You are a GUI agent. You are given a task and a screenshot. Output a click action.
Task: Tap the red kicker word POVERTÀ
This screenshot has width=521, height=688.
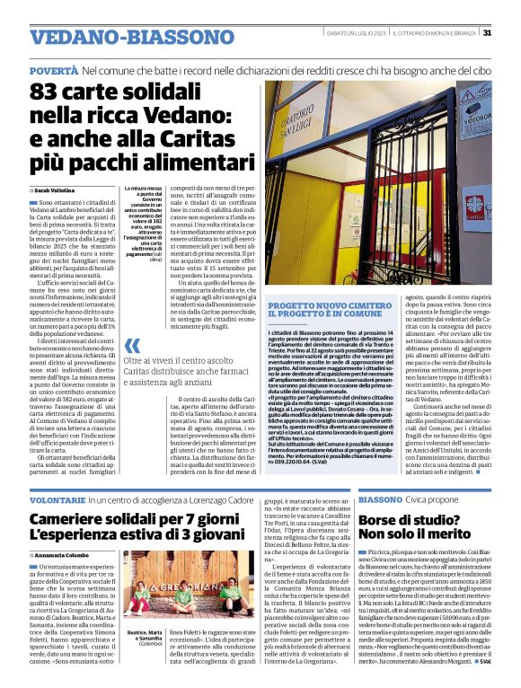click(x=53, y=69)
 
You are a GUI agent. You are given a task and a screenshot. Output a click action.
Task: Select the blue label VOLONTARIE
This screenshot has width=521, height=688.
click(x=57, y=499)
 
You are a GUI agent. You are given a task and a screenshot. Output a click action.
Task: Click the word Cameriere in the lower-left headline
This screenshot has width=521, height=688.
click(x=74, y=520)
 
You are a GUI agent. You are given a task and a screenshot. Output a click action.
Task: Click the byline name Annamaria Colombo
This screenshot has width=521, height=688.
click(x=69, y=555)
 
